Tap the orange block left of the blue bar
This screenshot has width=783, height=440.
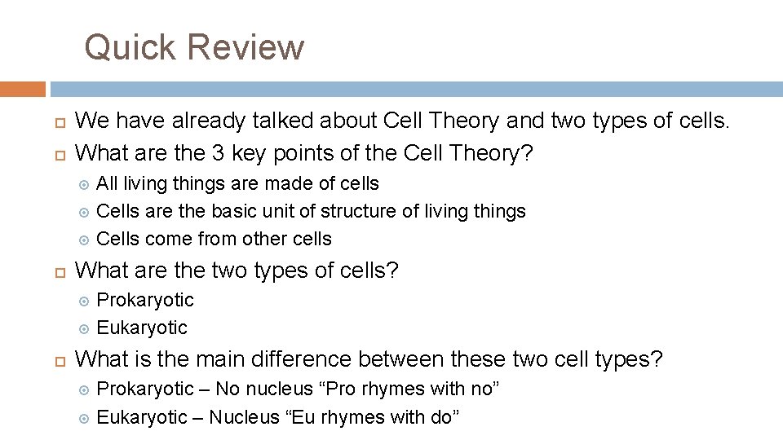tap(23, 89)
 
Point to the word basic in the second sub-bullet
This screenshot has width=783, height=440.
tap(235, 211)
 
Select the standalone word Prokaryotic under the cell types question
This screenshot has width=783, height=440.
tap(145, 300)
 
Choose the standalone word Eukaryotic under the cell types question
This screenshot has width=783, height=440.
tap(142, 328)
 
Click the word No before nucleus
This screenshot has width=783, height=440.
tap(227, 389)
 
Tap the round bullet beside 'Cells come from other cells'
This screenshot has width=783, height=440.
tap(83, 240)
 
